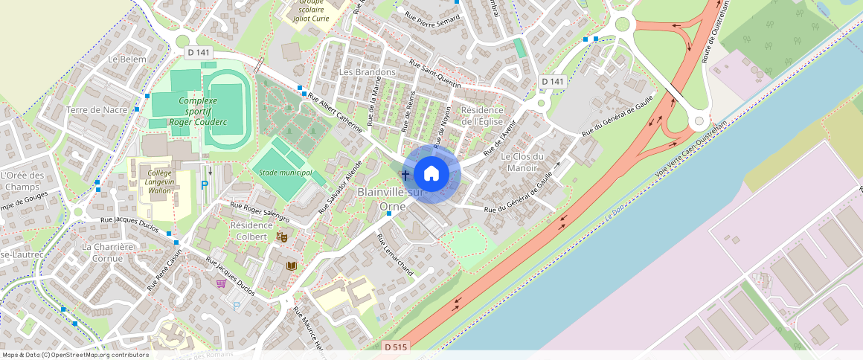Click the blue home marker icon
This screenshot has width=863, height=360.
click(x=431, y=173)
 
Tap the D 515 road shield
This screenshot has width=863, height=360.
click(x=397, y=347)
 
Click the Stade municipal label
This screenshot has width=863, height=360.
click(x=286, y=172)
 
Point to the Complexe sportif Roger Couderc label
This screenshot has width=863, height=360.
click(x=198, y=112)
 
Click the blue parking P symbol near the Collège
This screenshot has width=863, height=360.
click(x=204, y=184)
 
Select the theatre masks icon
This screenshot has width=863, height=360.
click(x=281, y=237)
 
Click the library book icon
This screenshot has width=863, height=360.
click(x=291, y=266)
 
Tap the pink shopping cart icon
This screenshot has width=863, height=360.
click(x=220, y=283)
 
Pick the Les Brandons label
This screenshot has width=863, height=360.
click(x=367, y=72)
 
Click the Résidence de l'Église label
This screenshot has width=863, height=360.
click(x=482, y=116)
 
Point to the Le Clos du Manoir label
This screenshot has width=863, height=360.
click(x=523, y=161)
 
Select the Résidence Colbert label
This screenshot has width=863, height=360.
click(x=248, y=231)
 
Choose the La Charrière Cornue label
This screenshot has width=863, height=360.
click(x=108, y=252)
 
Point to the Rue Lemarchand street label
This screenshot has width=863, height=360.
click(x=395, y=256)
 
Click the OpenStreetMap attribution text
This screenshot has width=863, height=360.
click(x=75, y=355)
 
